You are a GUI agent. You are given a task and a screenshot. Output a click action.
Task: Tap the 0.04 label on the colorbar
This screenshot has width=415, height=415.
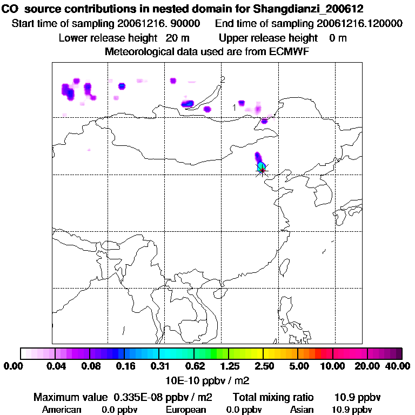coord(56,366)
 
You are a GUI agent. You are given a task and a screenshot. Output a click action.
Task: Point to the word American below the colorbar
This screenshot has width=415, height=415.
coord(62,410)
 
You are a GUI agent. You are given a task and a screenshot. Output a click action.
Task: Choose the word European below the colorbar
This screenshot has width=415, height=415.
coord(185,410)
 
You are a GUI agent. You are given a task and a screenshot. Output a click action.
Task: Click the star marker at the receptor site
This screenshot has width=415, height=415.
coord(262,170)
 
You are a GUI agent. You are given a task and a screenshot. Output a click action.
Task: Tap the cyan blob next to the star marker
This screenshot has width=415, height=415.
coord(261,164)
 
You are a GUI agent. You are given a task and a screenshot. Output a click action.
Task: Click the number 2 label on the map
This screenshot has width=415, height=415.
coord(223,79)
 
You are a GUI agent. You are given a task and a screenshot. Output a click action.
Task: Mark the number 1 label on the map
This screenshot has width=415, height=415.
coord(234,107)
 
